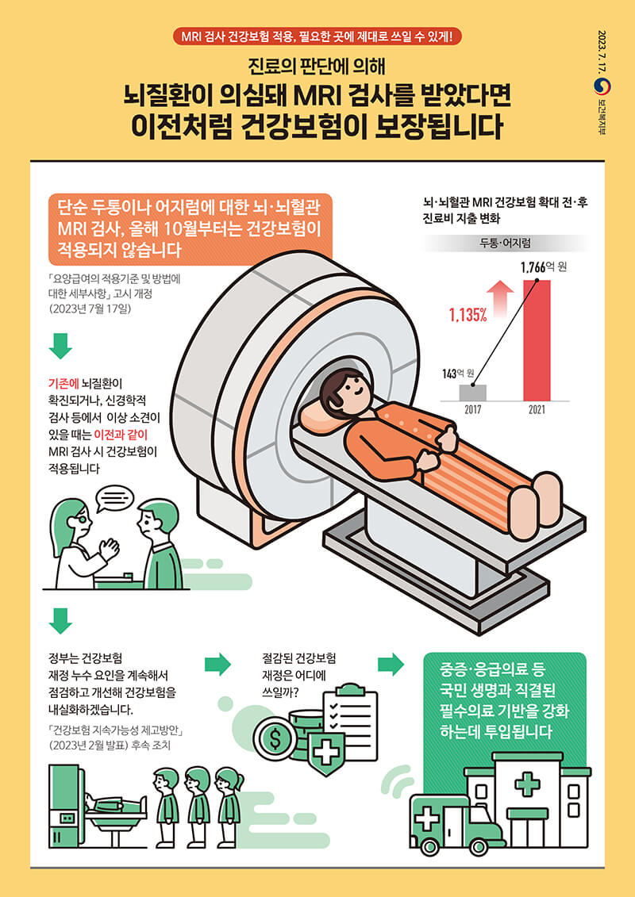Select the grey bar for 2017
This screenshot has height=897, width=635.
coord(472,393)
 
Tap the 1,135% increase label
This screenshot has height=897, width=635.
coord(468,315)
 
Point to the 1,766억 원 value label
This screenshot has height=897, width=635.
coord(543,267)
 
